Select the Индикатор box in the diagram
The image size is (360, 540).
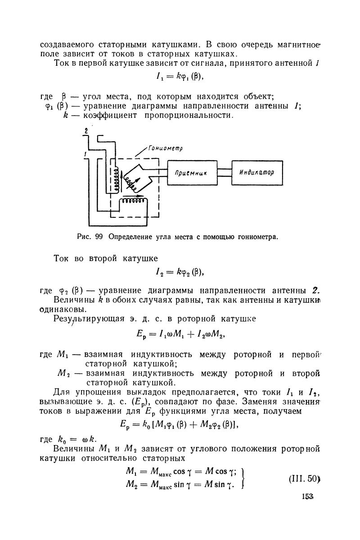tap(257, 173)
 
